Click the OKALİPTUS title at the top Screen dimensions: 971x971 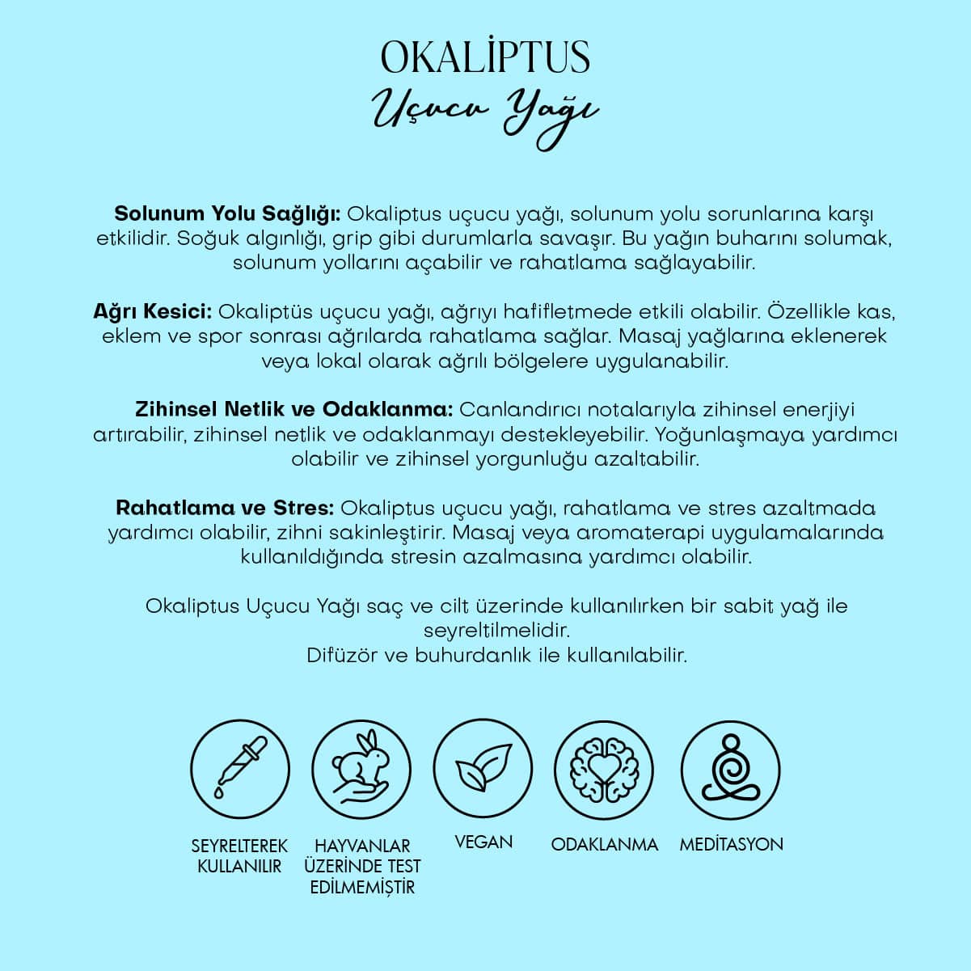pyautogui.click(x=485, y=57)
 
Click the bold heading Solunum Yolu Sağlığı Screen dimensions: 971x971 pyautogui.click(x=230, y=214)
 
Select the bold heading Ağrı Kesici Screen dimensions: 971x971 pyautogui.click(x=153, y=311)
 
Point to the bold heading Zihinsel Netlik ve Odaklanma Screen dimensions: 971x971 pyautogui.click(x=293, y=409)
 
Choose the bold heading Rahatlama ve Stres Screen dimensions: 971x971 pyautogui.click(x=225, y=508)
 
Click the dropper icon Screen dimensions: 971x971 pyautogui.click(x=240, y=769)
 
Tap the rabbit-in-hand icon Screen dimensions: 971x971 pyautogui.click(x=361, y=769)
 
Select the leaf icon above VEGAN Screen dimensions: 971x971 pyautogui.click(x=483, y=769)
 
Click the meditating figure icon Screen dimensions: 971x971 pyautogui.click(x=730, y=769)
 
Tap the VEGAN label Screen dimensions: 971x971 pyautogui.click(x=483, y=842)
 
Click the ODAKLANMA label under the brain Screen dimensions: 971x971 pyautogui.click(x=605, y=844)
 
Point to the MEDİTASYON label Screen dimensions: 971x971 pyautogui.click(x=731, y=844)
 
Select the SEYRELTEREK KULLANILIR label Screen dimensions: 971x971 pyautogui.click(x=239, y=855)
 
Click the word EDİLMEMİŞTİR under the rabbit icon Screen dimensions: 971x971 pyautogui.click(x=362, y=887)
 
